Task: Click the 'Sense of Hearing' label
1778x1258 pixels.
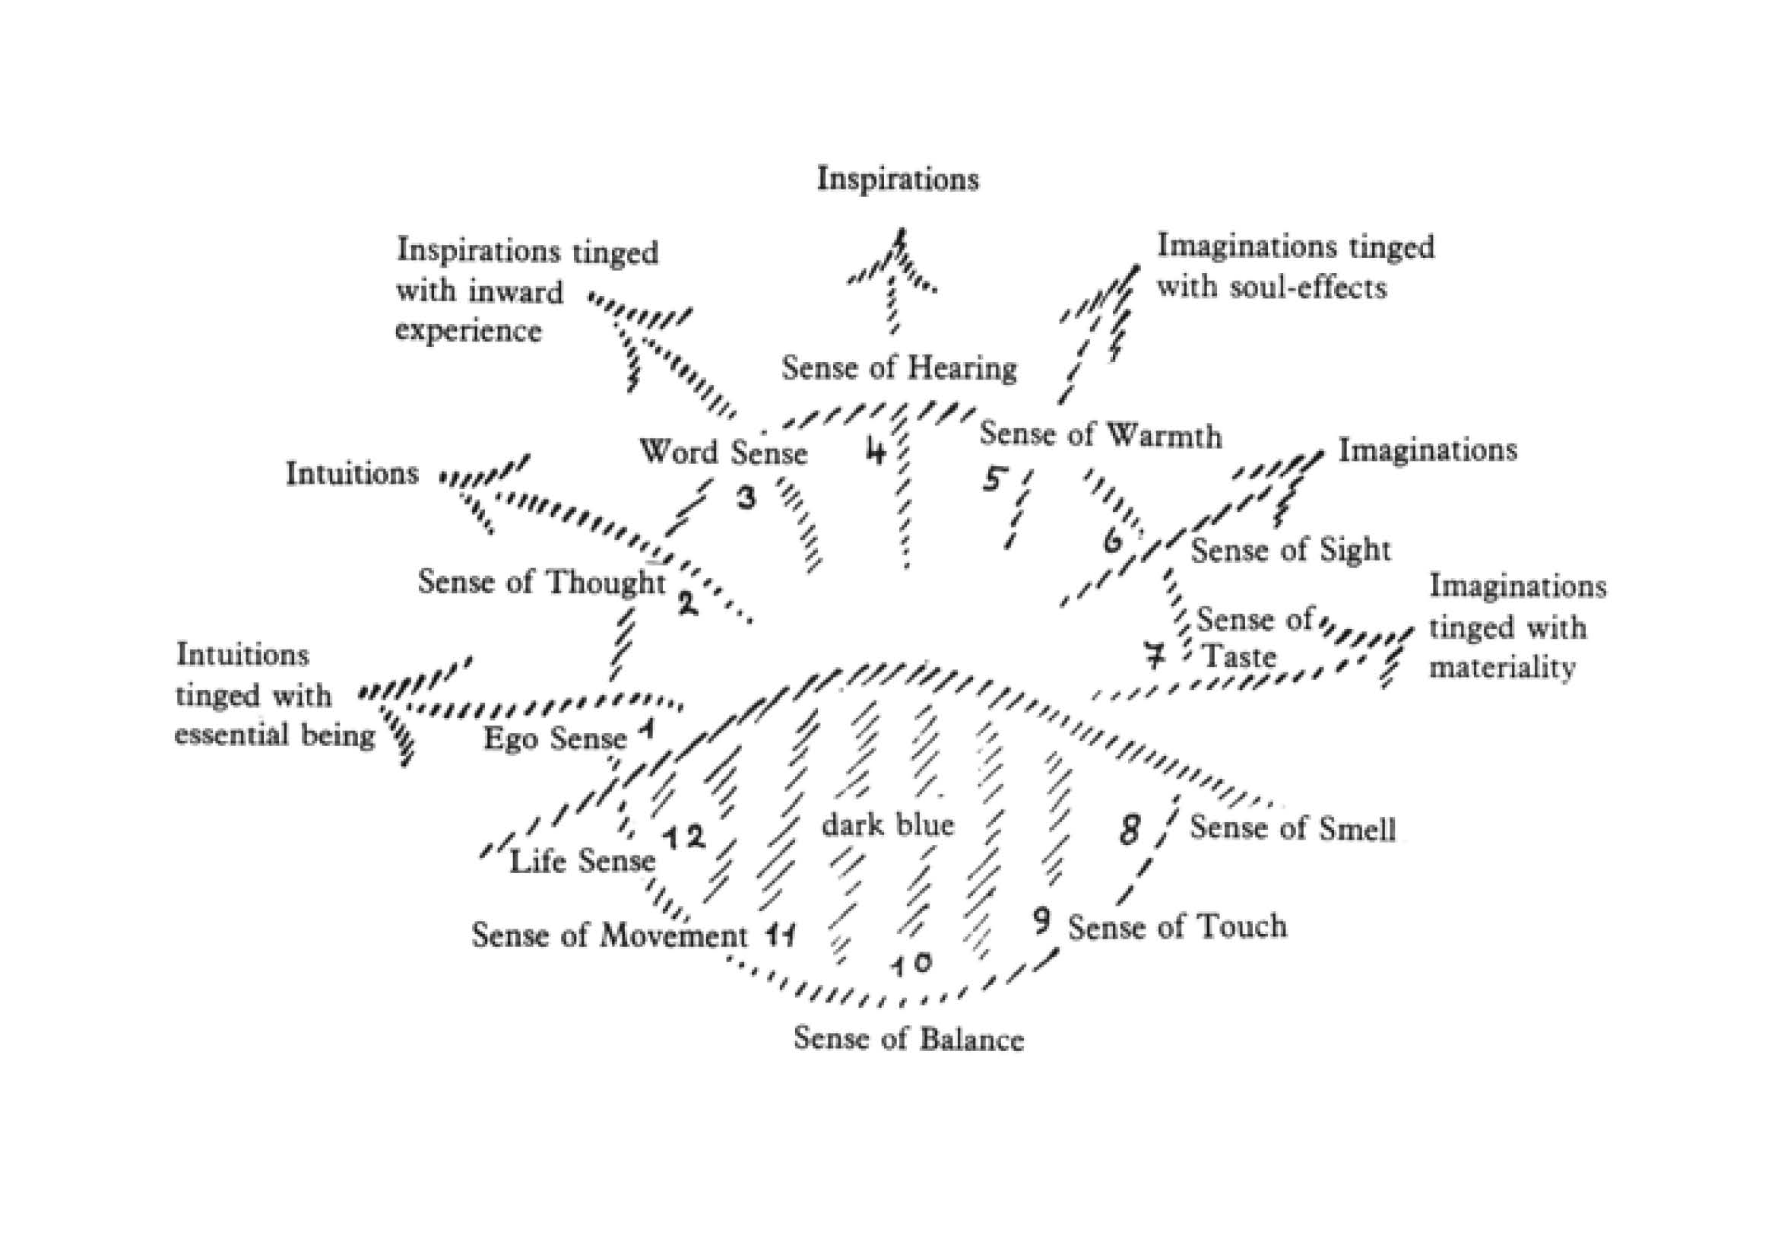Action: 899,368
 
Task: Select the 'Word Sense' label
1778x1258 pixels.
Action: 723,453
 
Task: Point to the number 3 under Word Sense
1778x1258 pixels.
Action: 746,497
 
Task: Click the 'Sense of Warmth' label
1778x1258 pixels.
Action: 1101,435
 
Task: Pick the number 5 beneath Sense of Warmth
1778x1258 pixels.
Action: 993,480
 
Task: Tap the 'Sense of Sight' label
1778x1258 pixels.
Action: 1291,551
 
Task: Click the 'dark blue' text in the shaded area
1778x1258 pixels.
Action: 887,825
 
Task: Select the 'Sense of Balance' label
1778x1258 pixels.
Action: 908,1039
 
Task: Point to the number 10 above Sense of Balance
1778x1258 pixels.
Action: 911,964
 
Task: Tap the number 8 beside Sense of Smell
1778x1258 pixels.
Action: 1130,831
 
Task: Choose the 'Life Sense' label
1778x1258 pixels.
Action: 582,862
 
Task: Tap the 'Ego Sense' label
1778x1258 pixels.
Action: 555,739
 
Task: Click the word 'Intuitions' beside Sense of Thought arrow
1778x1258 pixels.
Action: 352,473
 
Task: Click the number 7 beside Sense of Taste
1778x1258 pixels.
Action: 1155,656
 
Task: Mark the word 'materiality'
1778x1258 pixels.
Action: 1501,668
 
